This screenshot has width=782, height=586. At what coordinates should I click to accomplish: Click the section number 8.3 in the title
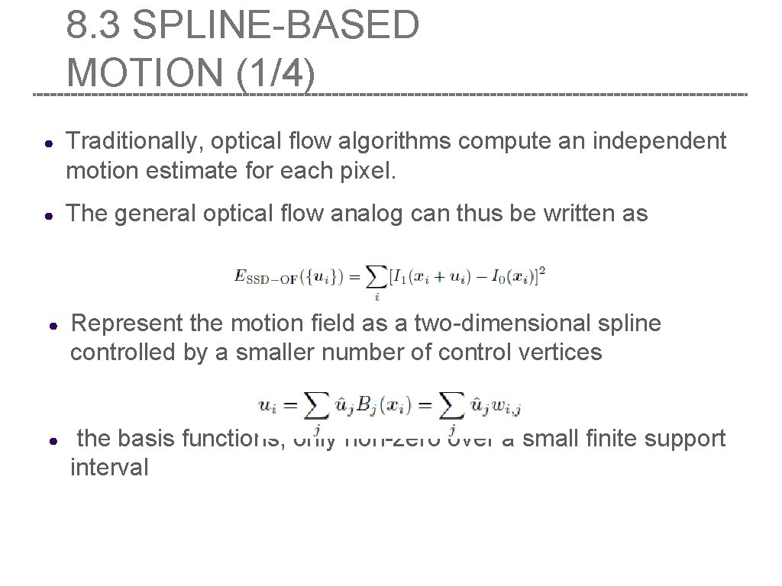[92, 25]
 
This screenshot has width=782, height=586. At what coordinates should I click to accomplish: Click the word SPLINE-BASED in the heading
[275, 25]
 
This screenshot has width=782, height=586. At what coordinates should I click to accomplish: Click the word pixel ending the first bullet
[372, 172]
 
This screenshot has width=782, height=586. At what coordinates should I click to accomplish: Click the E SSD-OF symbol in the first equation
[265, 278]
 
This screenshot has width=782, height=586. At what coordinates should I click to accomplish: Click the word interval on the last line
[109, 468]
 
